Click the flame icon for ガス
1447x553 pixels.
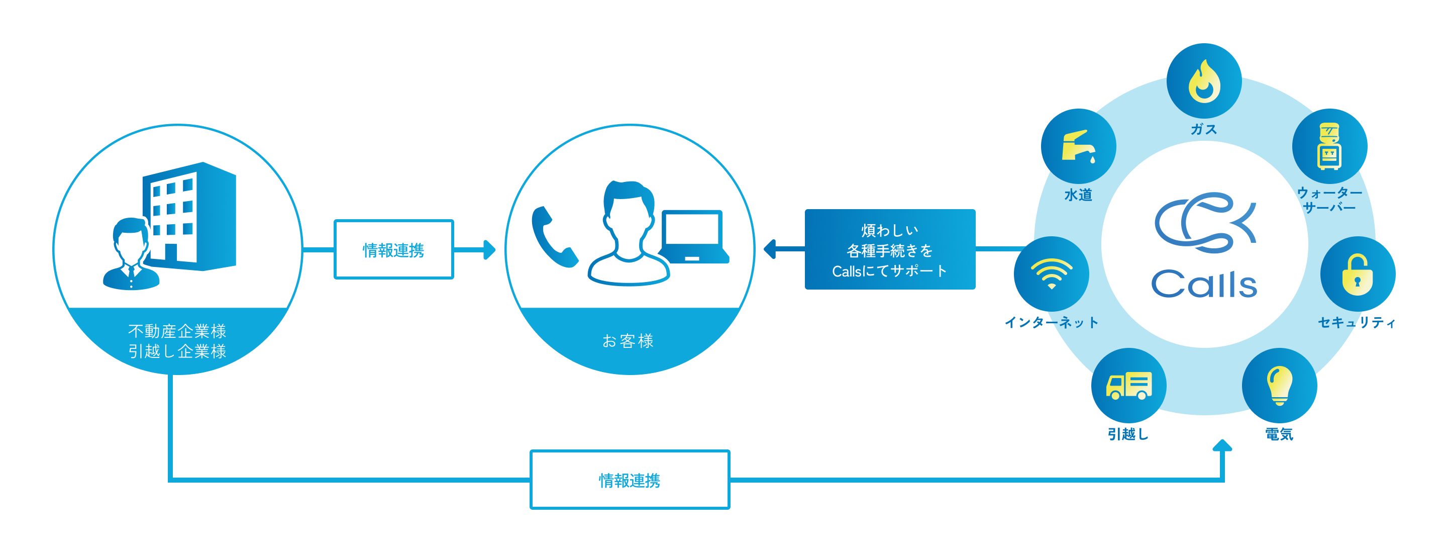[1204, 81]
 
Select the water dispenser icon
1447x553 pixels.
[1329, 146]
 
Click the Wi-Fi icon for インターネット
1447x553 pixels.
[1051, 273]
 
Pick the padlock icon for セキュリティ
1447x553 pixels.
[1357, 274]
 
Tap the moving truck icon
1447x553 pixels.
[1128, 386]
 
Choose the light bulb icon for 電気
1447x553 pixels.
[1279, 386]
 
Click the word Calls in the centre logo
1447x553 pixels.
[1204, 284]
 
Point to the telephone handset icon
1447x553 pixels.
[553, 237]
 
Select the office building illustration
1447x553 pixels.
[191, 216]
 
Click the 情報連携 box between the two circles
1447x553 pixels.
[393, 249]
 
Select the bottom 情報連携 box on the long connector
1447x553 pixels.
[629, 480]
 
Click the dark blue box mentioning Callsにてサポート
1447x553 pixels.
[890, 249]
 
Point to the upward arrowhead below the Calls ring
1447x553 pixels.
[1222, 445]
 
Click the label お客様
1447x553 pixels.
[628, 340]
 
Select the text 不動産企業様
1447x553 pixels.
[177, 330]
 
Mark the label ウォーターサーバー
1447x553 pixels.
[1329, 200]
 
